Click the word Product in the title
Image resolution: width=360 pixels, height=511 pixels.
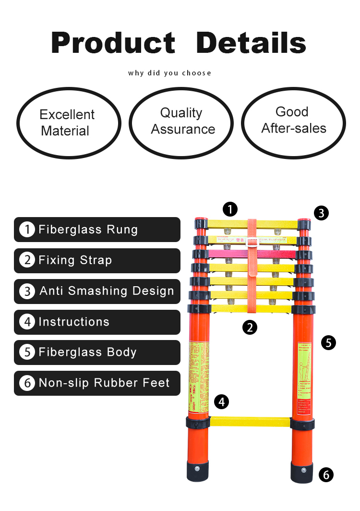click(x=113, y=43)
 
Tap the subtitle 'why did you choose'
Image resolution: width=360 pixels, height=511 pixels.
click(x=169, y=73)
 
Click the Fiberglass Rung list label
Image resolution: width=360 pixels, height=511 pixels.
click(x=97, y=230)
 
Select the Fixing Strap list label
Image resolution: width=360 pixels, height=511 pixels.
click(x=97, y=260)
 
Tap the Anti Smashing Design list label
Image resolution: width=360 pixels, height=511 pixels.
click(x=97, y=291)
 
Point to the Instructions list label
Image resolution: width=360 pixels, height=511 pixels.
click(x=97, y=322)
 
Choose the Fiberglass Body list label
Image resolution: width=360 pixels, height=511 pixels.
click(x=97, y=352)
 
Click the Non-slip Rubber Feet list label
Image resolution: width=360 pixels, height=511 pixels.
click(x=97, y=383)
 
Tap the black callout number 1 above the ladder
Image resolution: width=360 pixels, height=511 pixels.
click(x=230, y=209)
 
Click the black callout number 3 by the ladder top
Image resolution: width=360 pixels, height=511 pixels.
click(x=322, y=213)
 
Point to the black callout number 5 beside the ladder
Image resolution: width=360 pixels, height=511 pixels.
click(x=328, y=343)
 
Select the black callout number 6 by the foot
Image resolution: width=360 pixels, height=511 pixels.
click(x=326, y=475)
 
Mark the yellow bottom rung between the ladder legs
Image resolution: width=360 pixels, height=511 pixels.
click(x=250, y=422)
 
